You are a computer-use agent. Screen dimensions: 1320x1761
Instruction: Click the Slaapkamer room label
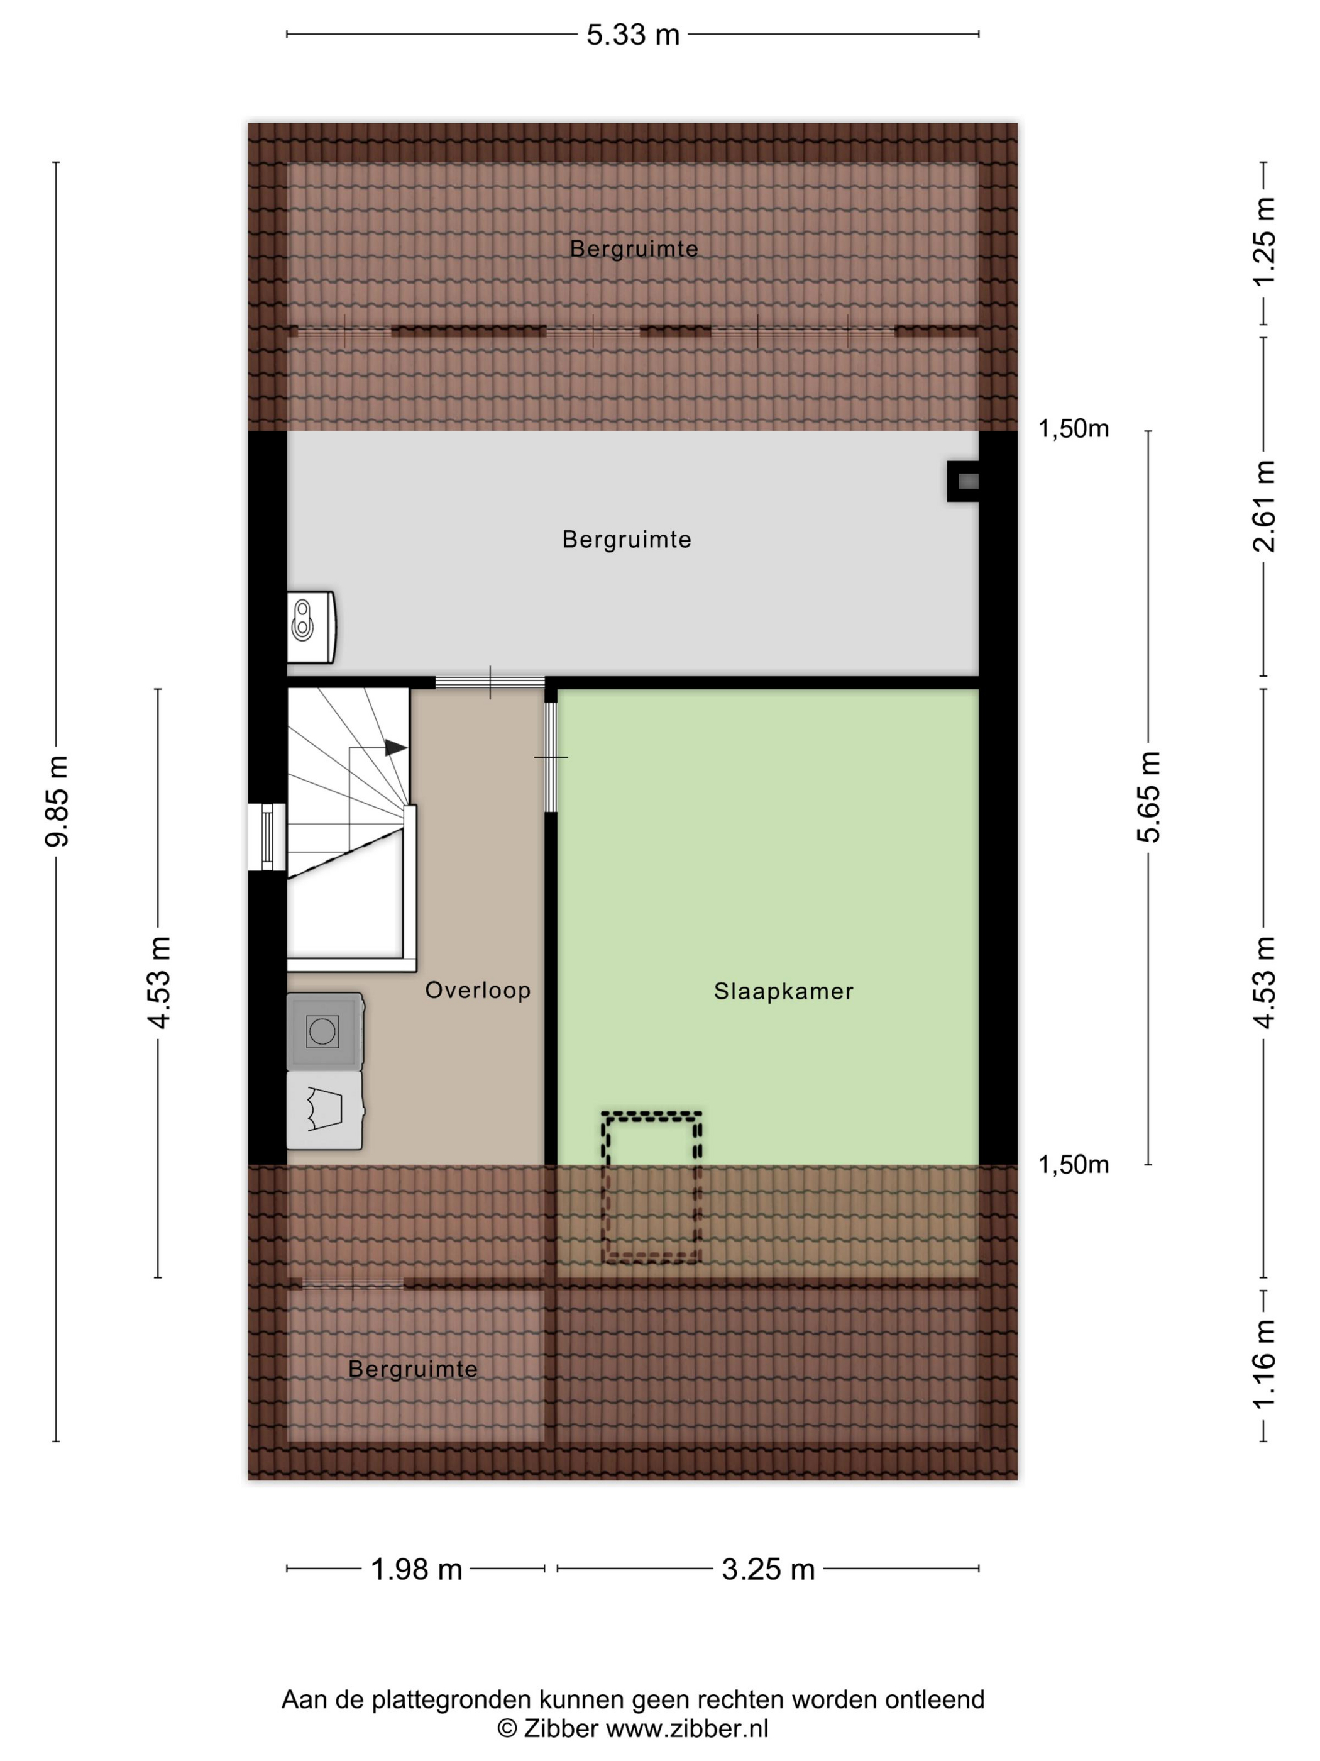(783, 991)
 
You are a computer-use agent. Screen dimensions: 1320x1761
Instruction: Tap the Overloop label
(477, 991)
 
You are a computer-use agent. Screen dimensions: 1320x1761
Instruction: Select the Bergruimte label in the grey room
(627, 540)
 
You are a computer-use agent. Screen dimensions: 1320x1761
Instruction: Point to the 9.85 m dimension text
(58, 801)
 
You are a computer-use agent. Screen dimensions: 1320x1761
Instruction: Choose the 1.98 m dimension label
(416, 1569)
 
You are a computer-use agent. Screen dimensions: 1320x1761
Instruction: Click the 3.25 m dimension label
(769, 1569)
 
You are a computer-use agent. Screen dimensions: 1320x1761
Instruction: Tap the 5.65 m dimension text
(1149, 797)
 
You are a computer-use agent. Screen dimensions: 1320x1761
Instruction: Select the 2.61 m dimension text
(1264, 506)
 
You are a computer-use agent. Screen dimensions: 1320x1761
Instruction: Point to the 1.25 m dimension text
(1264, 242)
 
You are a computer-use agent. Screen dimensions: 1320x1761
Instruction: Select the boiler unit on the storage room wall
(311, 627)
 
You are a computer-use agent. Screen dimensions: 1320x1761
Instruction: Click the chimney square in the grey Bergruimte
(964, 481)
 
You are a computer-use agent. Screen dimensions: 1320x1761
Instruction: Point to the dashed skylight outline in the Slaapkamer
(652, 1186)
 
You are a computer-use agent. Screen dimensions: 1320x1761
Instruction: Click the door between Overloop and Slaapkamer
(551, 757)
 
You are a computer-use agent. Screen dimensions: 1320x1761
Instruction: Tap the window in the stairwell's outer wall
(267, 836)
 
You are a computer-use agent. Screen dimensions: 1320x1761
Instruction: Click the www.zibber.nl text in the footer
(688, 1728)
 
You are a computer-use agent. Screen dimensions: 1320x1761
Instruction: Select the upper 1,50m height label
(1074, 429)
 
